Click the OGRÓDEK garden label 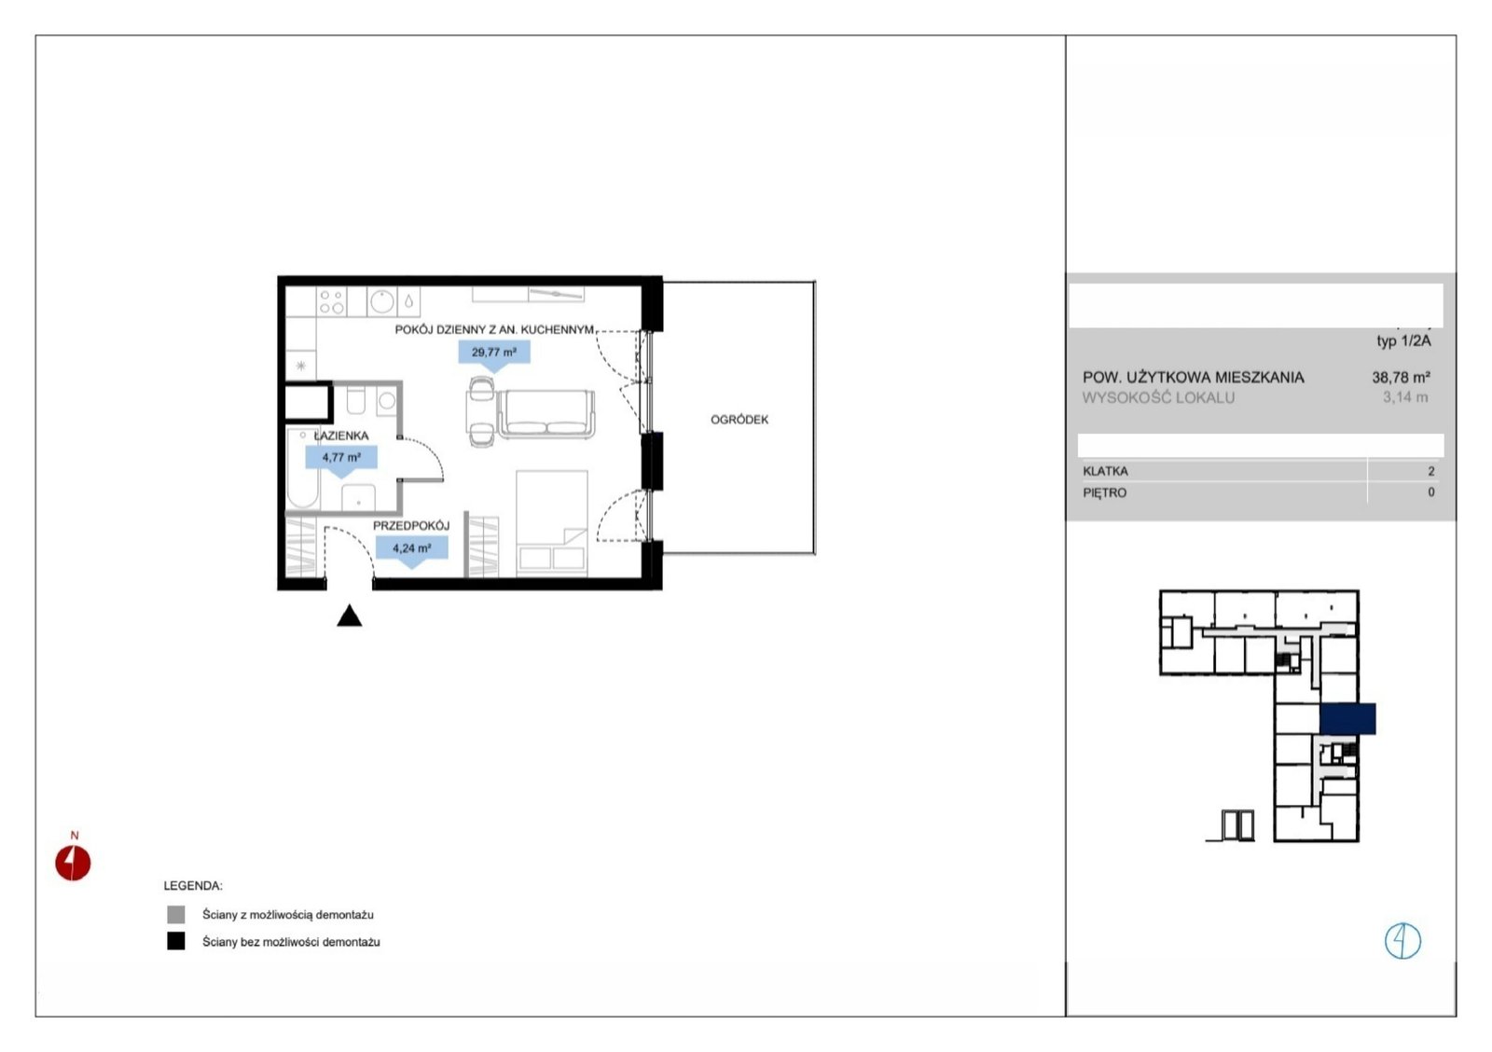739,420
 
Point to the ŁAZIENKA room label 341,436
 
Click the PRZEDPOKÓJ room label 411,526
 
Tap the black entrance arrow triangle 349,615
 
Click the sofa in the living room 546,414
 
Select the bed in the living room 551,523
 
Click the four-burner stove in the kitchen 331,301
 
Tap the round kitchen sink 382,301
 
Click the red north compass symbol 73,863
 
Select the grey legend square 176,914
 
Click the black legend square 176,941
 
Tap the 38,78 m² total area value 1401,378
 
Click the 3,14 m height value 1405,397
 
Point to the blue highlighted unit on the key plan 1347,719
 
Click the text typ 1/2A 1404,341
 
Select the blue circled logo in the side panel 1402,941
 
